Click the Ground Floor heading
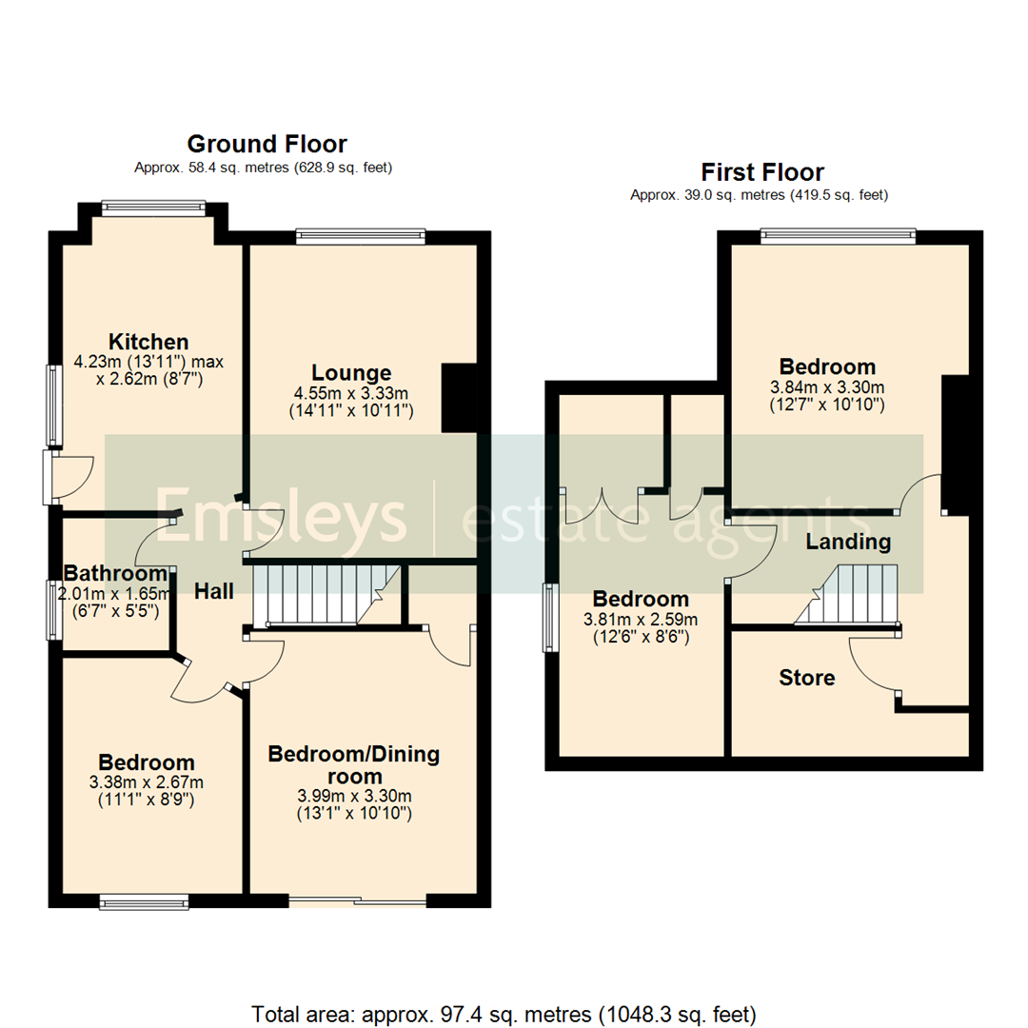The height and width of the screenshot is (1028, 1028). (x=267, y=144)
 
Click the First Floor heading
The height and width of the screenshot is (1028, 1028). (x=762, y=172)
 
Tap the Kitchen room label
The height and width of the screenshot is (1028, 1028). (x=148, y=342)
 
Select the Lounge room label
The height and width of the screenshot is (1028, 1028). (x=351, y=372)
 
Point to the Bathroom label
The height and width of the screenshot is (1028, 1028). (x=115, y=573)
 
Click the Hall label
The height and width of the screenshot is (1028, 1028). (x=214, y=591)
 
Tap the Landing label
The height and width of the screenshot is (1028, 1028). (x=848, y=543)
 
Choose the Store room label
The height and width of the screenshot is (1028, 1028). (x=807, y=678)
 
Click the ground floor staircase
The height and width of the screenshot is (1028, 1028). (x=324, y=595)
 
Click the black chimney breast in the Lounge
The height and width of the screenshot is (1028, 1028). (x=458, y=398)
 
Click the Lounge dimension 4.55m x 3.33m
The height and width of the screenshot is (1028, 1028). (x=351, y=393)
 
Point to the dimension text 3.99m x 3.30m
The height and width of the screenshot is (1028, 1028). (x=354, y=796)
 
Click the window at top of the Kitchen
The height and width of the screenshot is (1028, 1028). (x=153, y=208)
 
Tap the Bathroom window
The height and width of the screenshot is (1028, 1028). (x=53, y=609)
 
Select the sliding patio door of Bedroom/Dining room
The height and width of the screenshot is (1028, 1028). (x=358, y=900)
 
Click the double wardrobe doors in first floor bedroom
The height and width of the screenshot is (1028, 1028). (x=602, y=506)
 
